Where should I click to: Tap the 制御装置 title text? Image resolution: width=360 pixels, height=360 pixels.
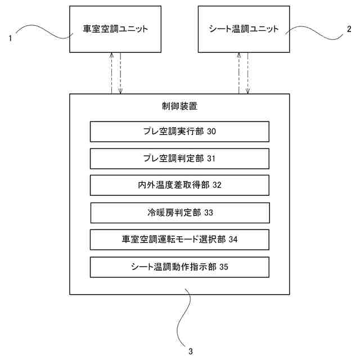pyautogui.click(x=179, y=106)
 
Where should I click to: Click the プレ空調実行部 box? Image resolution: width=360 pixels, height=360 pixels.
pyautogui.click(x=179, y=132)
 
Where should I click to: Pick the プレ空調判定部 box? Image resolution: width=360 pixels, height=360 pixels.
pyautogui.click(x=179, y=158)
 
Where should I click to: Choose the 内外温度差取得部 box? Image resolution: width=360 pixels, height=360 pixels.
pyautogui.click(x=179, y=184)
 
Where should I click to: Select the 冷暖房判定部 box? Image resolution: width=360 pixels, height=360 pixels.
pyautogui.click(x=179, y=213)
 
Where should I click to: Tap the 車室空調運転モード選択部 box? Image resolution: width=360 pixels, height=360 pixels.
pyautogui.click(x=179, y=239)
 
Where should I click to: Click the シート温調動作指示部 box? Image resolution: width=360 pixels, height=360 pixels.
pyautogui.click(x=179, y=266)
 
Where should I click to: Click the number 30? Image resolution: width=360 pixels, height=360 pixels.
pyautogui.click(x=211, y=132)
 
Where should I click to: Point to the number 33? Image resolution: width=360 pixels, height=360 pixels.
pyautogui.click(x=209, y=213)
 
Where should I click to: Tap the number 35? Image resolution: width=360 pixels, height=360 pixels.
pyautogui.click(x=224, y=267)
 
